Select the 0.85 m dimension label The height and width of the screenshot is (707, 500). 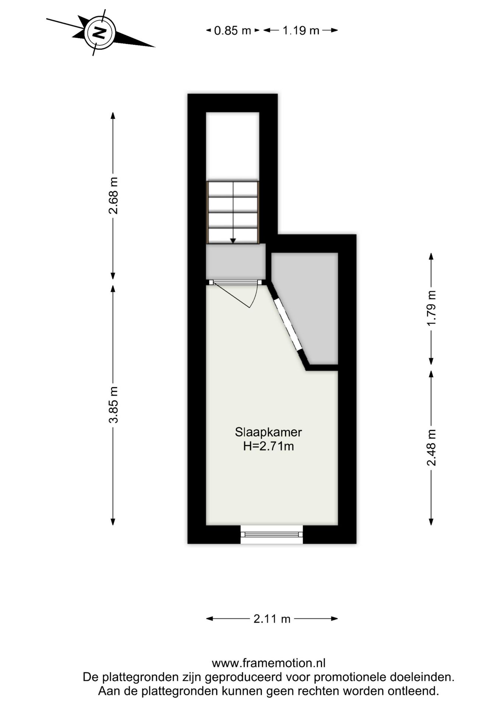(232, 31)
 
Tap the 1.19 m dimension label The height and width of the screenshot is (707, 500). (300, 31)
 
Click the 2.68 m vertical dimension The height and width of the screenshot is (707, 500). (113, 196)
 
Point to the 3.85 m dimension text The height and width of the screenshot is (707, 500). (113, 405)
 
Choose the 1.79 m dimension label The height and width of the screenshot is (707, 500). (432, 308)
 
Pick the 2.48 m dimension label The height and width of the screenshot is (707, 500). (432, 447)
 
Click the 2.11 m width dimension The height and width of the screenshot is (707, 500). (272, 619)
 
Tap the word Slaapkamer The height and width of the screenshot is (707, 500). (268, 432)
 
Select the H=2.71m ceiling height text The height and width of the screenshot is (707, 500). (268, 446)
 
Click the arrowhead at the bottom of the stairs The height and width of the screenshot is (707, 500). (233, 241)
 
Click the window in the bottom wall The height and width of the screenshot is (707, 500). (272, 534)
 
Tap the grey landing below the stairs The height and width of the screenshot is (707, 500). (235, 261)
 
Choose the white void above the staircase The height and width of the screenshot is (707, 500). (232, 145)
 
